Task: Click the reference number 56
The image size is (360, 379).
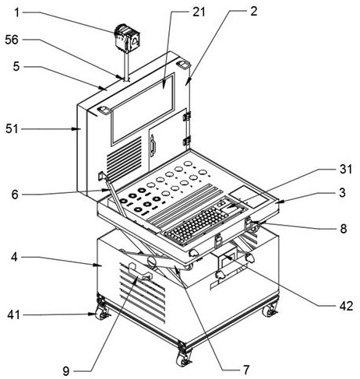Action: point(12,40)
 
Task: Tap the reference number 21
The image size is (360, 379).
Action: point(199,12)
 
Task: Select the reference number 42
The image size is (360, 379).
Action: point(346,306)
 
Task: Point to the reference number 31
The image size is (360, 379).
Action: point(346,169)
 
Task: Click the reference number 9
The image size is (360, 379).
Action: point(66,371)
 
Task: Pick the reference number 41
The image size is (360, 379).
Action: point(13,315)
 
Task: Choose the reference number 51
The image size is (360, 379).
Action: point(12,129)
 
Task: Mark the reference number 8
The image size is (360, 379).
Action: point(344,229)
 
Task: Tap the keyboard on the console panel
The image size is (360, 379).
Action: point(196,223)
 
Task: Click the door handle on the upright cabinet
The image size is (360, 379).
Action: point(153,146)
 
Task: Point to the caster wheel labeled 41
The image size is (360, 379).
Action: point(101,314)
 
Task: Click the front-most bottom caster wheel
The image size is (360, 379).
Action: point(182,360)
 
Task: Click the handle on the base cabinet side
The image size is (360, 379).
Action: point(139,272)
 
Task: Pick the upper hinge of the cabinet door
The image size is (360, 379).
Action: point(187,116)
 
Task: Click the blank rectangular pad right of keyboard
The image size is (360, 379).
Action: point(249,196)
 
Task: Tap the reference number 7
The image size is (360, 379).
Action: point(246,369)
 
